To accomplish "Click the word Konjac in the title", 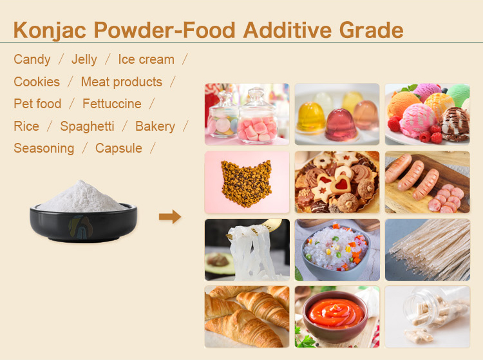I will pyautogui.click(x=51, y=30).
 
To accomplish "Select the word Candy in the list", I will pyautogui.click(x=32, y=59).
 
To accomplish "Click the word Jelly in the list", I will pyautogui.click(x=84, y=59).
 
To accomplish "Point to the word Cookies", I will pyautogui.click(x=37, y=82).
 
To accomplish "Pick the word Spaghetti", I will pyautogui.click(x=87, y=126).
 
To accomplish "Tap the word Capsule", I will pyautogui.click(x=118, y=148).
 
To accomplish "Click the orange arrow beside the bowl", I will pyautogui.click(x=170, y=217).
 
